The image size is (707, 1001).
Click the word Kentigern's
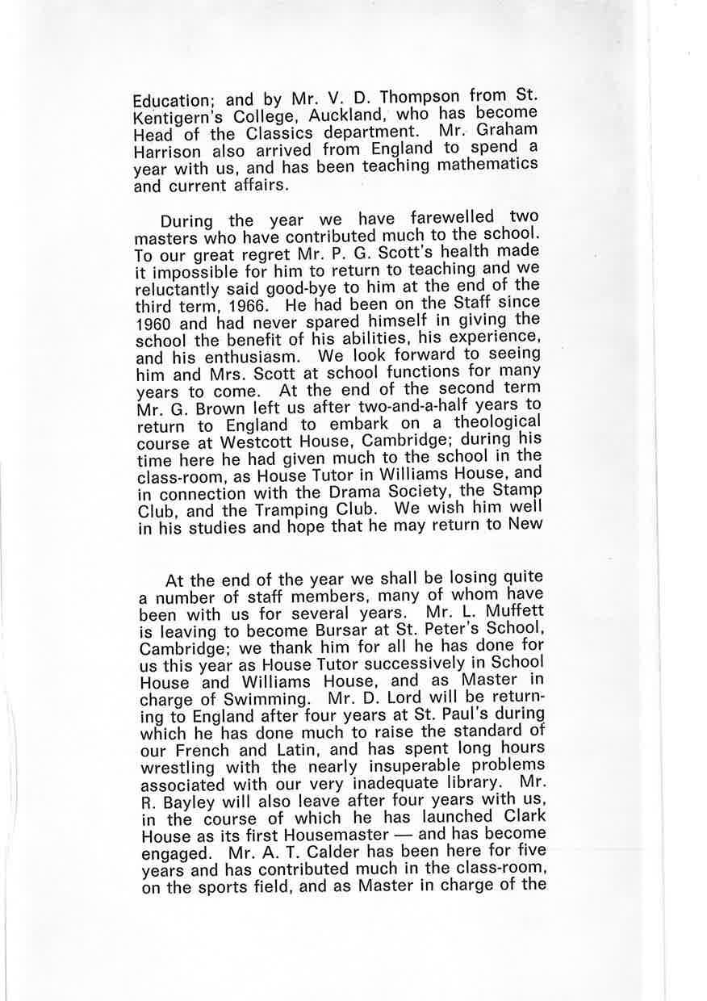coord(179,117)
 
